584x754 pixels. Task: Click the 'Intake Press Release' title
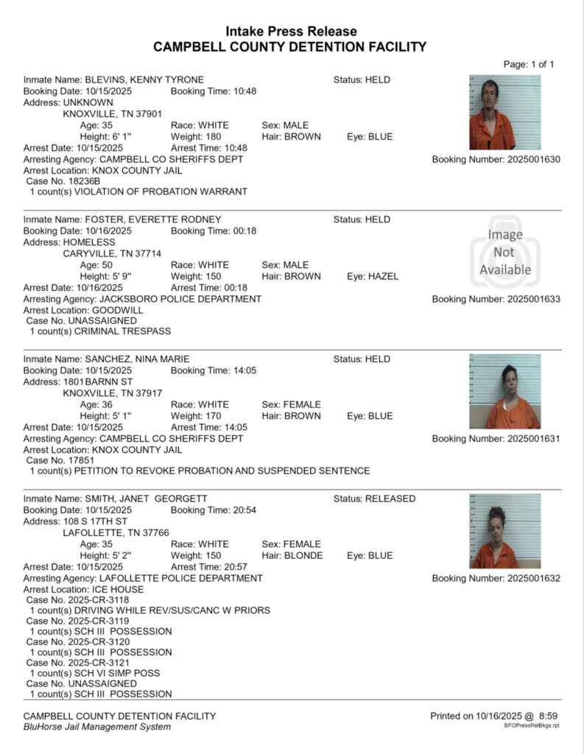[x=291, y=32]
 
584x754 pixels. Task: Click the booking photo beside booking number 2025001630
[x=504, y=112]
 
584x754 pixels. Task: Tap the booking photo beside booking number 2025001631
[x=504, y=391]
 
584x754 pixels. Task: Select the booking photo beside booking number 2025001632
[x=504, y=530]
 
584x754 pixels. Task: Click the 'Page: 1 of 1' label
[x=529, y=64]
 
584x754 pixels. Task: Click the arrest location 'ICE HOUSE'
[x=118, y=590]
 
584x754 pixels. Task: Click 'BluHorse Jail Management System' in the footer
[x=97, y=727]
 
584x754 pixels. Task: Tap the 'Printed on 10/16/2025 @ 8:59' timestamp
[x=494, y=716]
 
